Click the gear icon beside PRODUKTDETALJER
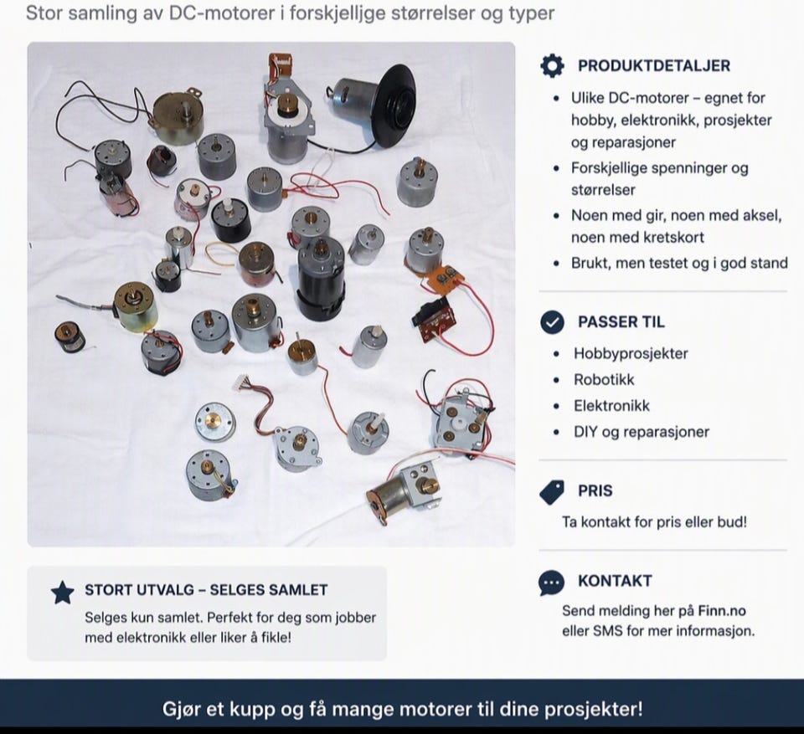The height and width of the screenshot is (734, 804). click(552, 65)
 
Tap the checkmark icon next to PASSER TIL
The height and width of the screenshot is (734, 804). click(552, 322)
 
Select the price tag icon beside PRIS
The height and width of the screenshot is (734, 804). click(552, 492)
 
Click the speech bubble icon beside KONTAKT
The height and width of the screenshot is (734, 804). click(552, 583)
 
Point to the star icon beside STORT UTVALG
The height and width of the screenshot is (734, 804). click(63, 593)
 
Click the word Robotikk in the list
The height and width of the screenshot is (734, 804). click(604, 380)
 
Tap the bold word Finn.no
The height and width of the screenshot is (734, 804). click(722, 610)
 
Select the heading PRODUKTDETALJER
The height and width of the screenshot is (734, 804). click(654, 65)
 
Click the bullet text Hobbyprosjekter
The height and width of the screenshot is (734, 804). click(631, 354)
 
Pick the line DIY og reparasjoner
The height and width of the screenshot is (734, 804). click(642, 432)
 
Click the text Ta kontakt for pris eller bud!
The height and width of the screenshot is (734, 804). click(654, 521)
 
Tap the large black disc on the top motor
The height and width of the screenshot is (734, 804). click(391, 104)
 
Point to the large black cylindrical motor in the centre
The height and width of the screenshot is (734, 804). click(321, 279)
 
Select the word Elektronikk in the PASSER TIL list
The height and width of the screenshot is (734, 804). click(611, 406)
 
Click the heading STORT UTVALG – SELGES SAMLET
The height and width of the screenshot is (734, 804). click(206, 590)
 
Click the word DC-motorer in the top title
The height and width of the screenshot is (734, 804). click(221, 13)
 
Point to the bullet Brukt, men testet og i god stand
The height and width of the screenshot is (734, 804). click(679, 263)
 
